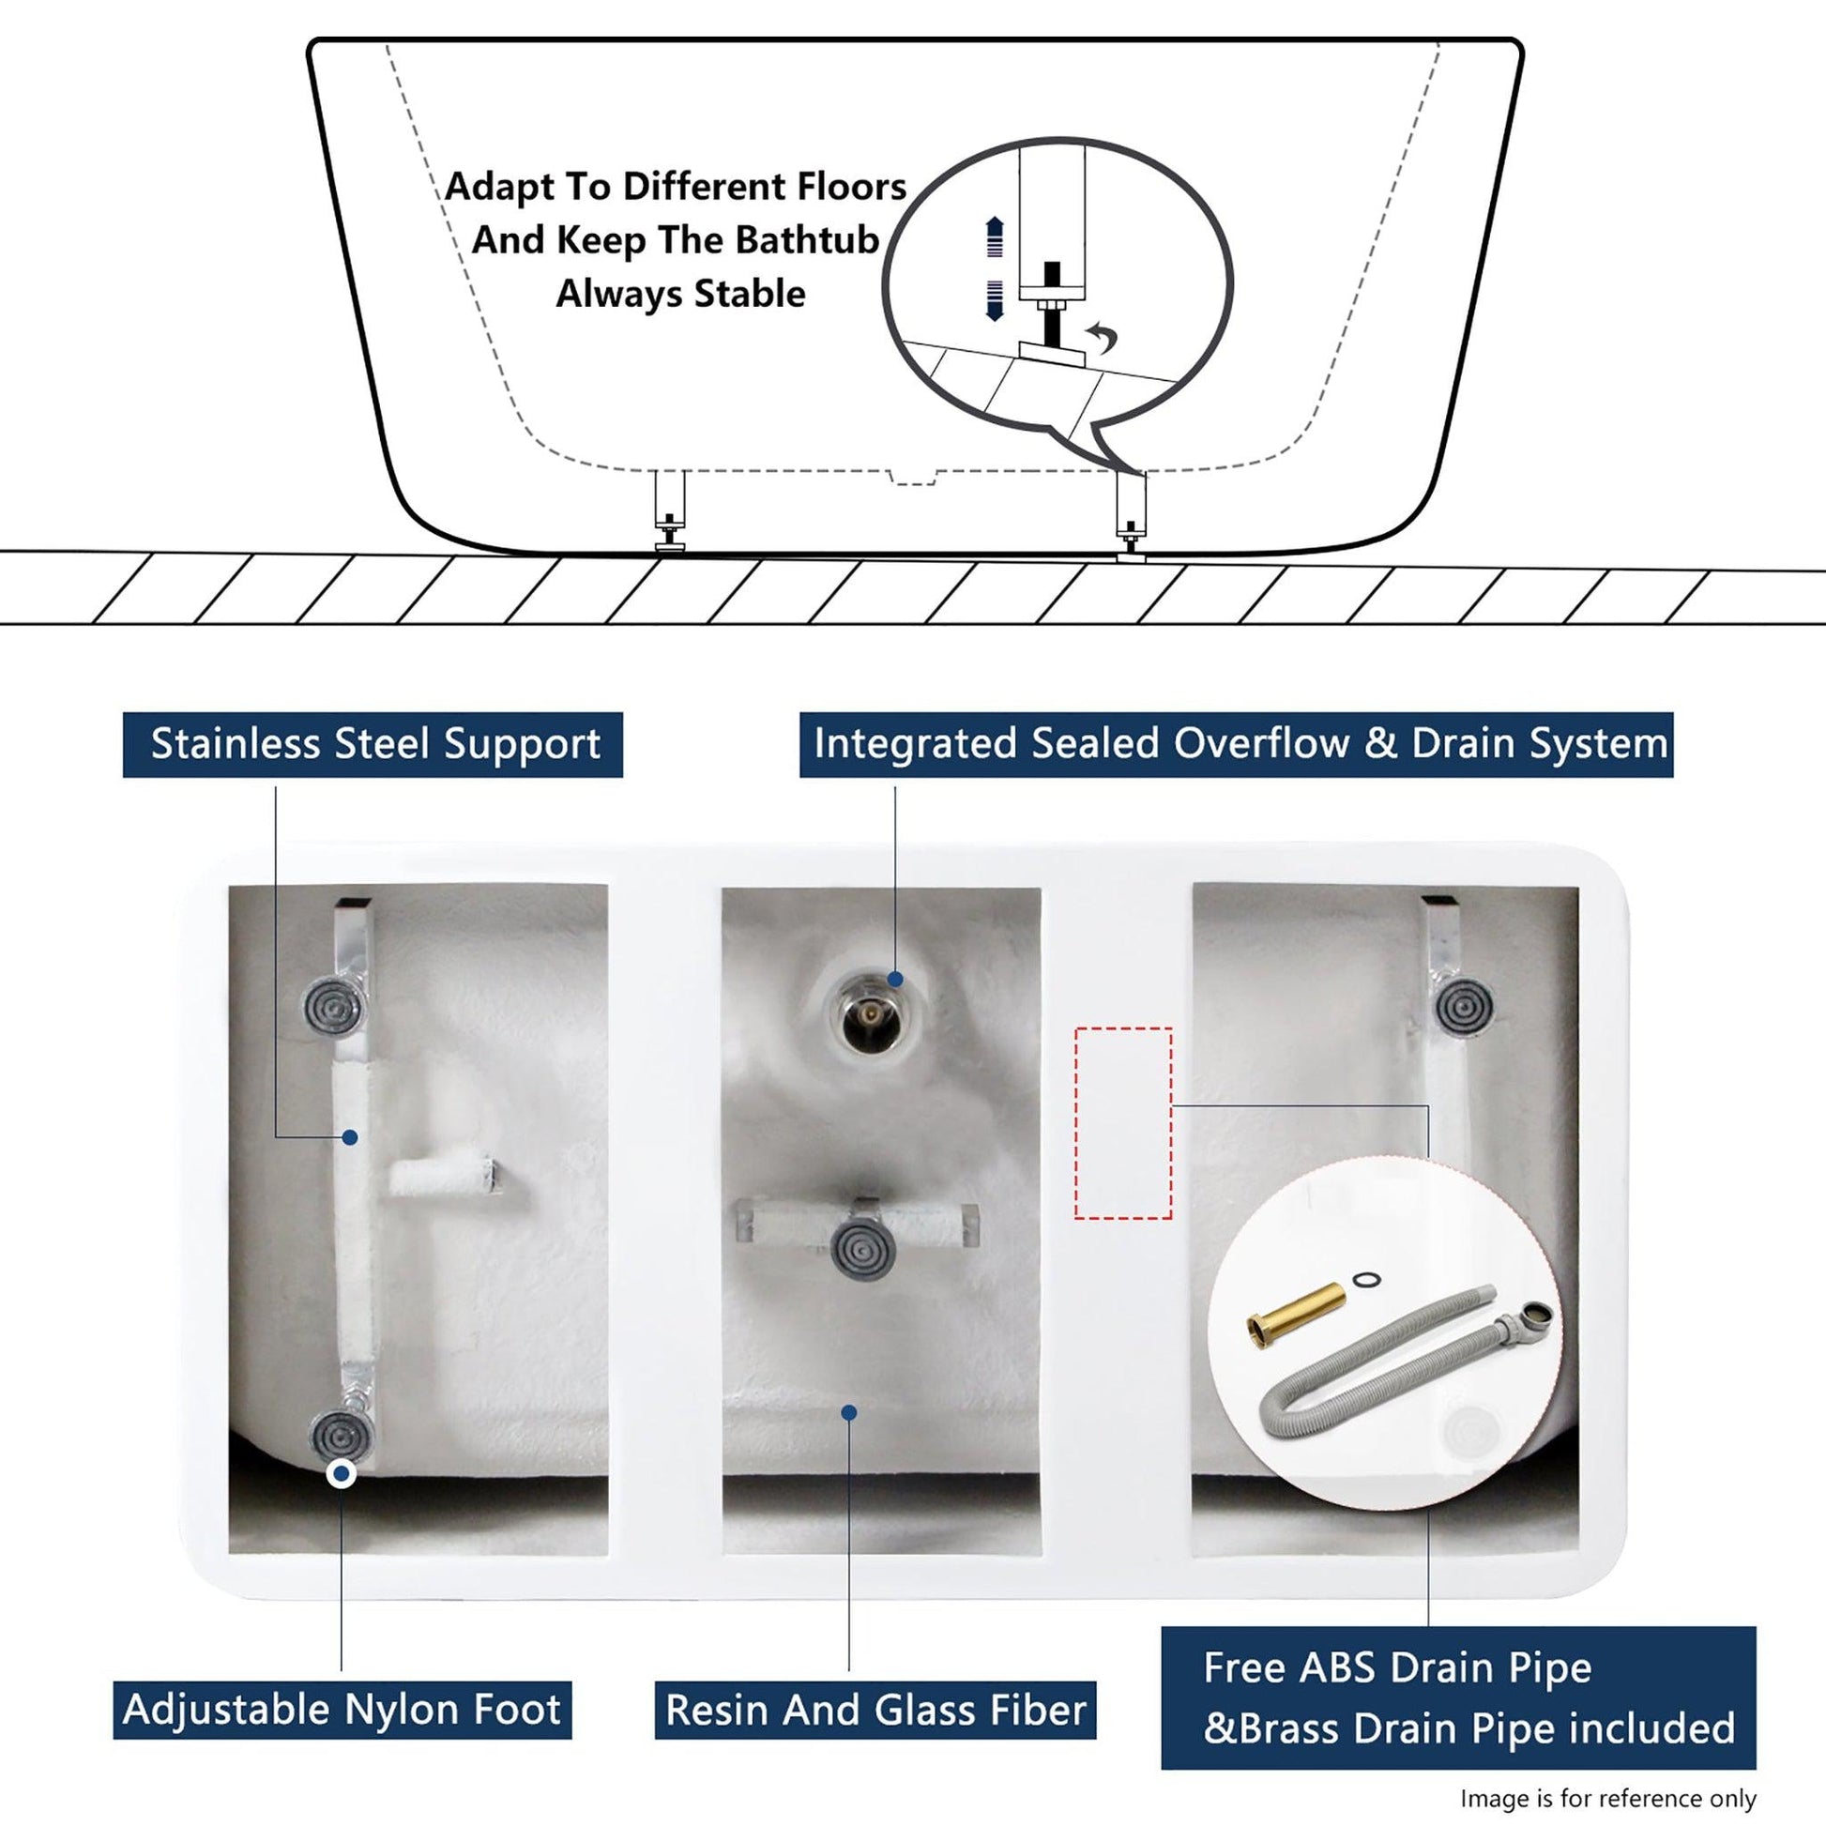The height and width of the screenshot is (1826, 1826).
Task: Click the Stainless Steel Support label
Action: click(x=373, y=745)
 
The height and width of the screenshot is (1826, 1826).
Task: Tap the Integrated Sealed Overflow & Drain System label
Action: click(x=1236, y=745)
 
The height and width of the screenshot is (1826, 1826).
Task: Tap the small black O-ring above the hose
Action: click(x=1362, y=1280)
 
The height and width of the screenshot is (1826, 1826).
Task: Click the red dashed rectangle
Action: click(x=1123, y=1122)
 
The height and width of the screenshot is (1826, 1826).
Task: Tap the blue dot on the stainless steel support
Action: click(x=350, y=1138)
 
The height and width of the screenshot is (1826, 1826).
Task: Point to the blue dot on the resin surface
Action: click(x=849, y=1438)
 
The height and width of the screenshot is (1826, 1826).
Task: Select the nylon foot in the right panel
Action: click(x=1465, y=1009)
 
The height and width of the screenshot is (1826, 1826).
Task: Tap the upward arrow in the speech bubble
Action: click(x=994, y=236)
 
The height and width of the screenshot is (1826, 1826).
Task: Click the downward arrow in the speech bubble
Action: click(x=994, y=300)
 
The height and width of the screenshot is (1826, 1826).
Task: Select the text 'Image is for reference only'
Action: click(x=1607, y=1799)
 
